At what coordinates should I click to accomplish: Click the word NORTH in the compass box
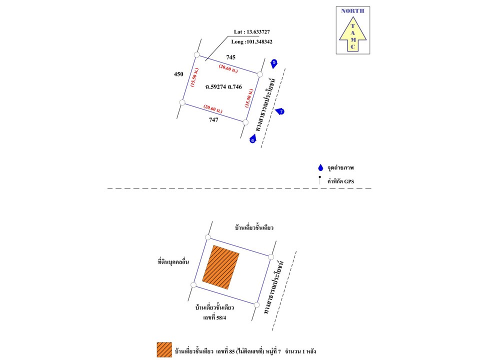click(x=352, y=11)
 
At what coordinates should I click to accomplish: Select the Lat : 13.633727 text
click(x=252, y=31)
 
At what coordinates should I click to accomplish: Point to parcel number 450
click(x=178, y=74)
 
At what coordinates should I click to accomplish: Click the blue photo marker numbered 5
click(x=273, y=63)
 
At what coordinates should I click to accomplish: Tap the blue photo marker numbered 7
click(x=281, y=111)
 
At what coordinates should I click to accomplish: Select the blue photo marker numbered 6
click(x=252, y=140)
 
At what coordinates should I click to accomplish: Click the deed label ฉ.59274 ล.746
click(x=223, y=86)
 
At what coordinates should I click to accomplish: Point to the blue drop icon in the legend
click(x=320, y=168)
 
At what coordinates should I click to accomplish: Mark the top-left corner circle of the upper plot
click(x=196, y=55)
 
